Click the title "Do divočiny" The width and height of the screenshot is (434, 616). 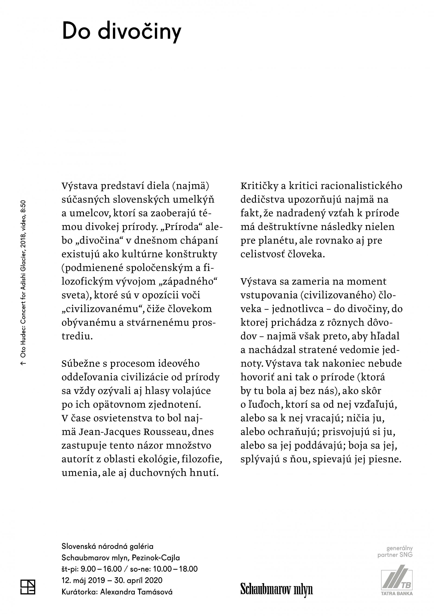pos(121,32)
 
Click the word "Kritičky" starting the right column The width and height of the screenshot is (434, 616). pos(259,186)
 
